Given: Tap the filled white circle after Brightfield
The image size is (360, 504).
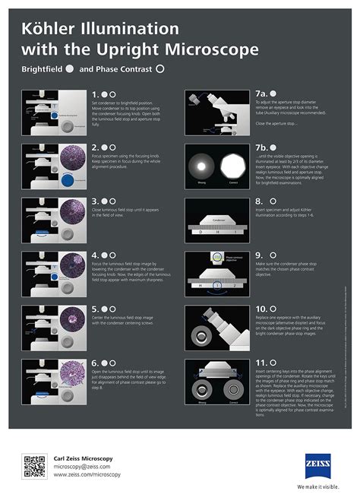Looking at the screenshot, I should coord(69,68).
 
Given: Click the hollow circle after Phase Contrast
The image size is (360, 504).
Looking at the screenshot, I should coord(159,68).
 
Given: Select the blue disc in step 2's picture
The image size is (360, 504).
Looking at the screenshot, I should coord(67,181).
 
